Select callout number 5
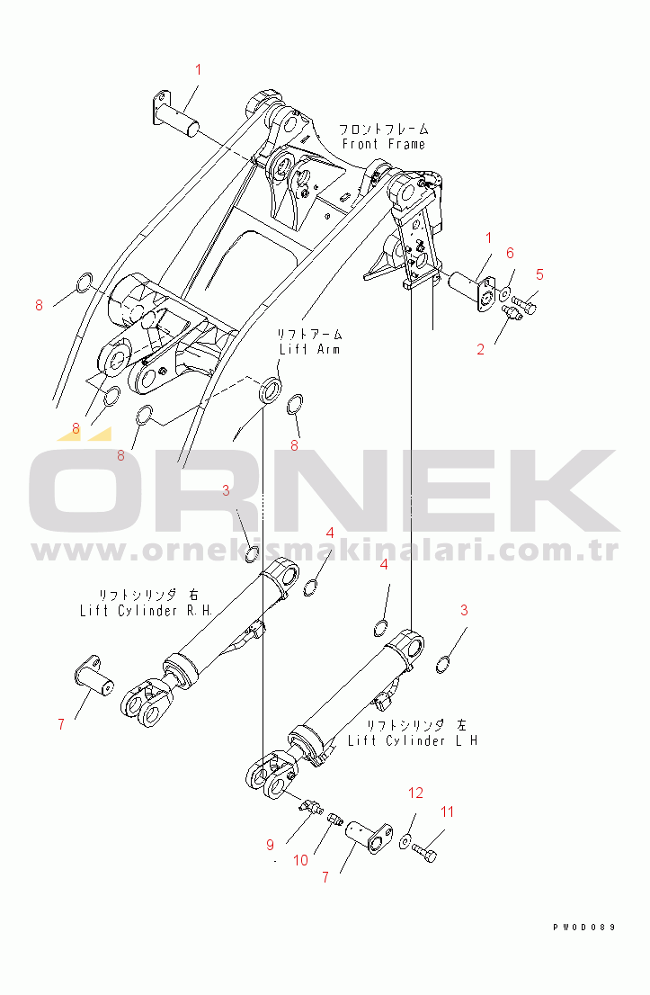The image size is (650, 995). click(x=540, y=273)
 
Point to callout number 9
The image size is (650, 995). click(x=269, y=845)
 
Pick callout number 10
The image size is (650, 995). click(x=300, y=860)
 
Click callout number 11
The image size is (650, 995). click(x=447, y=811)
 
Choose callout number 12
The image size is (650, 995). click(x=415, y=793)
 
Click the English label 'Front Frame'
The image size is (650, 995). click(x=383, y=144)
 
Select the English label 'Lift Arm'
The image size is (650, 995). click(x=308, y=349)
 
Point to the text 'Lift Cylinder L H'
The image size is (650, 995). click(x=413, y=740)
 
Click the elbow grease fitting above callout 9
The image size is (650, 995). click(x=311, y=807)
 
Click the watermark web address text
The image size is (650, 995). click(x=324, y=550)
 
